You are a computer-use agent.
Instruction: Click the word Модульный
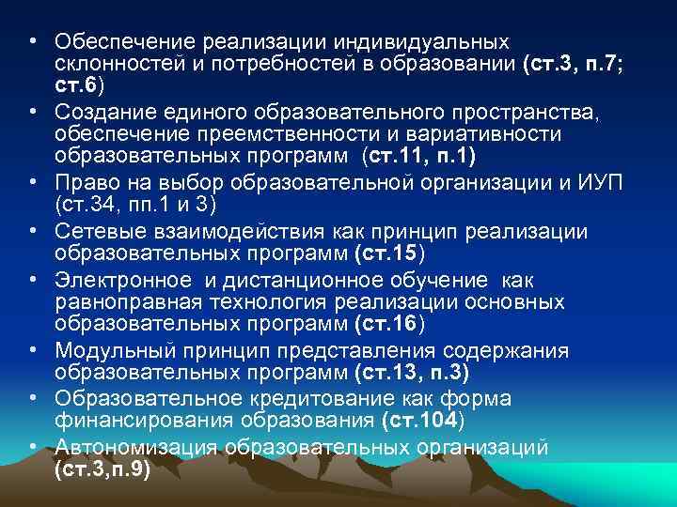[102, 351]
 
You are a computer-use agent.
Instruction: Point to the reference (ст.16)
[390, 326]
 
